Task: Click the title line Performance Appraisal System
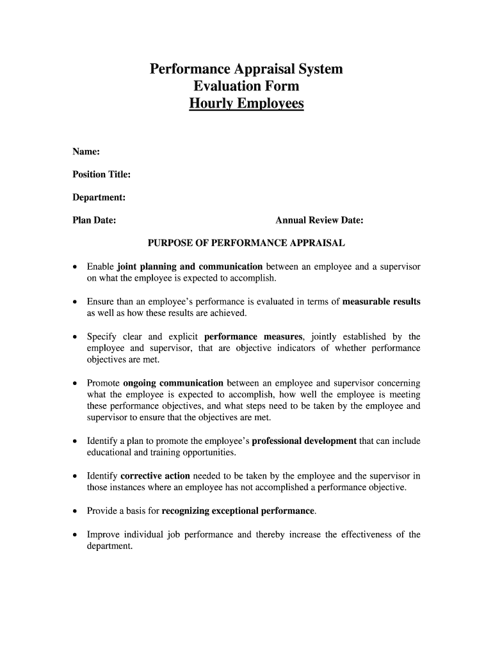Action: [x=246, y=69]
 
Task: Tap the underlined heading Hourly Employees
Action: [x=246, y=103]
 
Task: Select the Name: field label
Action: [x=86, y=152]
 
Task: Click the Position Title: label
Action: [x=101, y=175]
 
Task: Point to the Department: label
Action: [x=99, y=197]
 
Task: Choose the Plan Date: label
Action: [x=94, y=220]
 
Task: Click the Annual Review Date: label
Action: [x=319, y=220]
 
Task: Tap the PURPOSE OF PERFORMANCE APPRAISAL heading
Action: [x=247, y=243]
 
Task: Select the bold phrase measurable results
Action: [x=382, y=302]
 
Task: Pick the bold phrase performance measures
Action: [x=253, y=336]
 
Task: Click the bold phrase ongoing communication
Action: [x=173, y=383]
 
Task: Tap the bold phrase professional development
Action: [x=304, y=441]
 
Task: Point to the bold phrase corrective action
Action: [x=155, y=476]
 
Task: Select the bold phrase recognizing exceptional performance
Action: [x=238, y=511]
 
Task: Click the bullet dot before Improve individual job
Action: [x=76, y=535]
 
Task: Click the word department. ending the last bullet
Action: [x=109, y=546]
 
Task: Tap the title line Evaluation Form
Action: [x=246, y=86]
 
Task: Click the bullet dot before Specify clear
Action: [x=76, y=337]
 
